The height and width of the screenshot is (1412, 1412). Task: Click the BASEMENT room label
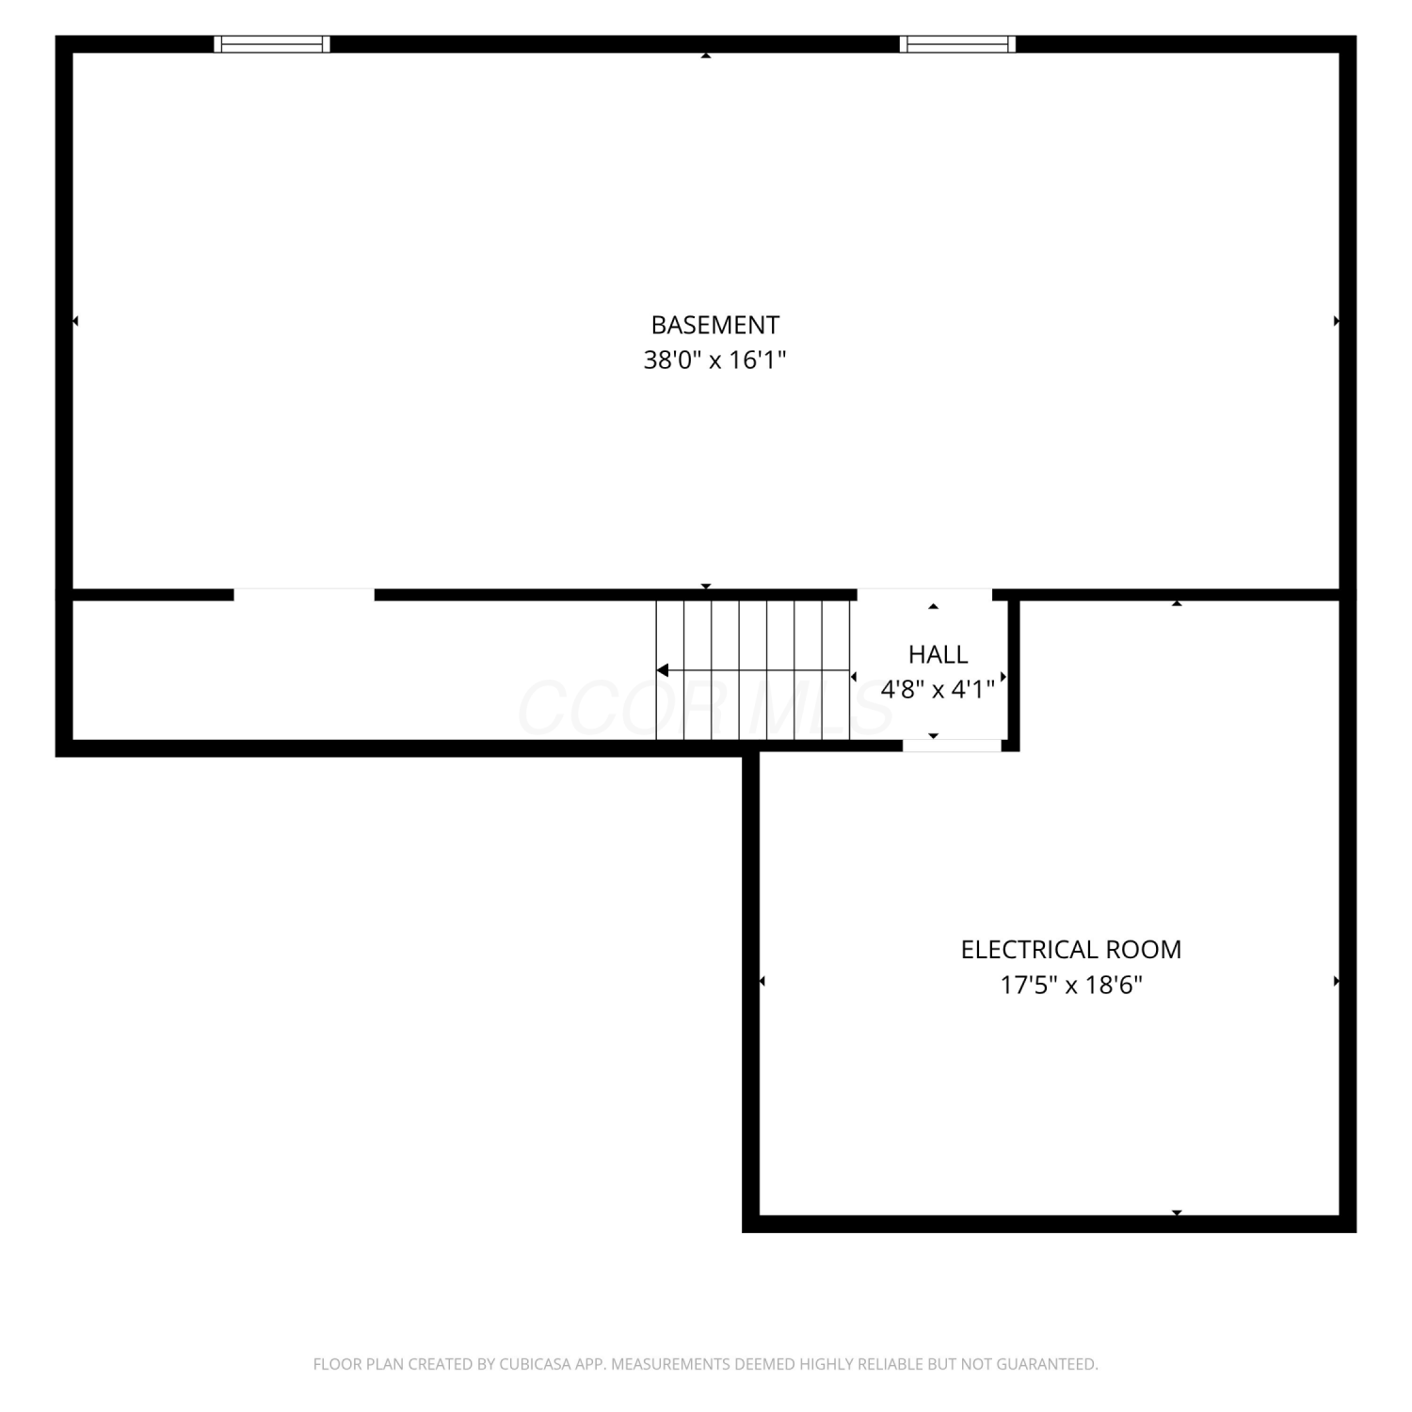715,325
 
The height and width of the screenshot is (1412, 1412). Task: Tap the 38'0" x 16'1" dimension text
714,360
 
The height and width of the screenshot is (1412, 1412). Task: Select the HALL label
938,654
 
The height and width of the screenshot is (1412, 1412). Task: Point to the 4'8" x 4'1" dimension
938,689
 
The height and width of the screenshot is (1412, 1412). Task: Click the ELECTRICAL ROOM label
1071,949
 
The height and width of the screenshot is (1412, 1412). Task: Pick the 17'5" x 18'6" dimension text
1071,985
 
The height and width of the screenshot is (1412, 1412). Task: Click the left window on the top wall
272,43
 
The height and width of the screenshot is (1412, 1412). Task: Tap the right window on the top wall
958,43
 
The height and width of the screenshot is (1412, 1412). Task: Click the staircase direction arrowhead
663,670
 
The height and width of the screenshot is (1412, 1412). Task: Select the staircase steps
753,669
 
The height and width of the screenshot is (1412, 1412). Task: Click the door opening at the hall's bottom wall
952,746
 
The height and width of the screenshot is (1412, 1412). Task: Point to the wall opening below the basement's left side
304,594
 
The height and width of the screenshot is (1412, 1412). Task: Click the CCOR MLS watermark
706,708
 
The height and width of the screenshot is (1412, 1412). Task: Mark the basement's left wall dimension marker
75,321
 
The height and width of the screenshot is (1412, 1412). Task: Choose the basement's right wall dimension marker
1337,321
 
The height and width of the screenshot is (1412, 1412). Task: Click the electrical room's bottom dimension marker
1177,1212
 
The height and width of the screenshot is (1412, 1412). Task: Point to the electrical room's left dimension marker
762,982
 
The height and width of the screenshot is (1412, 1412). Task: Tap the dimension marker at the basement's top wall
706,56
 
